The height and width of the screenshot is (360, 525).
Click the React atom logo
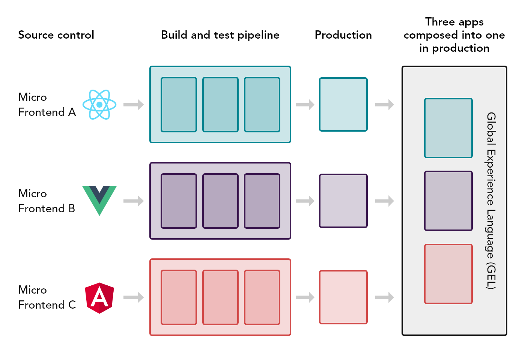coord(99,105)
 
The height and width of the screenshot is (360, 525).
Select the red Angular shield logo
coord(99,298)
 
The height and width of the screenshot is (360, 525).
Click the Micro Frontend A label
coord(47,105)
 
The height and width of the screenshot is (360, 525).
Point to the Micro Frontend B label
coord(47,201)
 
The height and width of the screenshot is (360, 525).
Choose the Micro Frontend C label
coord(47,297)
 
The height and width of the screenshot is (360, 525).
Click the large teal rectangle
coord(220,104)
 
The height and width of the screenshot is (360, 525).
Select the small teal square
coord(343,104)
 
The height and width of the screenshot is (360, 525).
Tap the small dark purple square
coord(343,201)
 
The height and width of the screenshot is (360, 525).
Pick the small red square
coord(343,297)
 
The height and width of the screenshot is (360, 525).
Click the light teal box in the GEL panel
coord(448,128)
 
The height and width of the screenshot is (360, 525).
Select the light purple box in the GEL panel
coord(448,201)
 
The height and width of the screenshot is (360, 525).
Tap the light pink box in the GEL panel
coord(448,274)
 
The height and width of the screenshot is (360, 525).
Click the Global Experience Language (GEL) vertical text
coord(491,201)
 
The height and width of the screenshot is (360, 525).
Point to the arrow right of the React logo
coord(134,105)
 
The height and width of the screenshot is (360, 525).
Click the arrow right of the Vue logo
coord(134,201)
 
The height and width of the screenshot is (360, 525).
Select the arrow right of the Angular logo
coord(134,297)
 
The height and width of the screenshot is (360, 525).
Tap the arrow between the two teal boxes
coord(305,105)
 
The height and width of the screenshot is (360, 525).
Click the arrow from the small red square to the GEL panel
coord(384,297)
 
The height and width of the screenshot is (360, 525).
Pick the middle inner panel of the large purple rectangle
coord(220,201)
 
